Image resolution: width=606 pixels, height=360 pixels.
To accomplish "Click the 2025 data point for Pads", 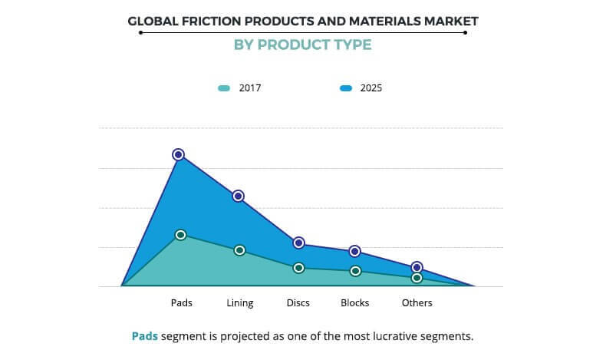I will click(x=179, y=155).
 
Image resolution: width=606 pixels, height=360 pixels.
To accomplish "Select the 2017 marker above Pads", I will click(x=180, y=235).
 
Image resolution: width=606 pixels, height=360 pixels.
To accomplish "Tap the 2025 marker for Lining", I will click(x=239, y=197).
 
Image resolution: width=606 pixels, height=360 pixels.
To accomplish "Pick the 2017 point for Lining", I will click(x=239, y=250).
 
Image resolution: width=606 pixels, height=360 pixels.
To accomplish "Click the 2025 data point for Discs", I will click(x=298, y=243).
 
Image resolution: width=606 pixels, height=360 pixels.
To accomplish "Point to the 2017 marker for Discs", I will click(x=298, y=268).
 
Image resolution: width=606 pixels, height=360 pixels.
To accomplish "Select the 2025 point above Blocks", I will click(x=354, y=251).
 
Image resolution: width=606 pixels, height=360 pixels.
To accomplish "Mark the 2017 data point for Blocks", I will click(x=355, y=271).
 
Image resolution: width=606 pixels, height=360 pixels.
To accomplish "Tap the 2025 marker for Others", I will click(x=417, y=267).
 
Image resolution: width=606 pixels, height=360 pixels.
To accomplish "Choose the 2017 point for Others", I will click(x=417, y=278).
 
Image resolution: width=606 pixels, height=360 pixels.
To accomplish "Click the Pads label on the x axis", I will click(x=182, y=303).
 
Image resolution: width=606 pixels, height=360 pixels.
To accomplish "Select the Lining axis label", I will click(x=240, y=303).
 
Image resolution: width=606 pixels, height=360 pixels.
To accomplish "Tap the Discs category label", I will click(x=298, y=303).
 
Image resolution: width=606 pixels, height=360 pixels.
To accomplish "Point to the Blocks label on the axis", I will click(x=355, y=303).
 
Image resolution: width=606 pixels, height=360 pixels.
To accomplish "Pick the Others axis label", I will click(x=417, y=303).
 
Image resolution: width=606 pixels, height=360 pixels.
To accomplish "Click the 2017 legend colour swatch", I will click(x=223, y=88).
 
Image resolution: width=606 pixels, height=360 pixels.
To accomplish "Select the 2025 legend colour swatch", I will click(x=346, y=88).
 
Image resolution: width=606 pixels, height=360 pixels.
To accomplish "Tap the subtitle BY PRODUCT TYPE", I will click(x=302, y=45).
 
